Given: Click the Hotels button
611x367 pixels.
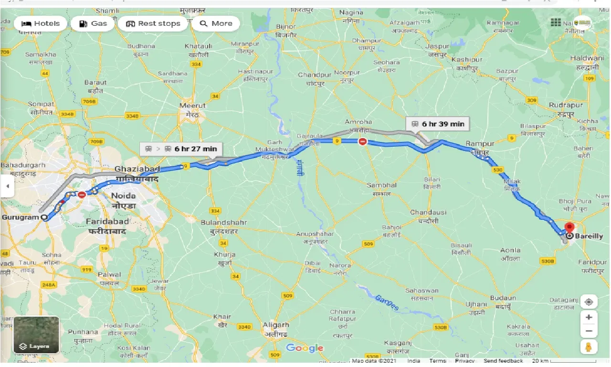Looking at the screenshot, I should [x=41, y=23].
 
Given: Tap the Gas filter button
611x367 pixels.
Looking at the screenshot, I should [x=93, y=23].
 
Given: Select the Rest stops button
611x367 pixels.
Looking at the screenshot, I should [x=153, y=23].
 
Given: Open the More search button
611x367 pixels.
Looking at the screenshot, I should [x=216, y=23].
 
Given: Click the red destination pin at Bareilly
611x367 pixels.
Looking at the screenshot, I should [x=569, y=228].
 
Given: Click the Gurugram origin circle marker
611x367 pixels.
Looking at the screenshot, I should [x=44, y=217].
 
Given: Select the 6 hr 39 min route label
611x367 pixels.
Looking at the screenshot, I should [x=438, y=124].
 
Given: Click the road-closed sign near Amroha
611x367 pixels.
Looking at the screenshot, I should [x=363, y=141].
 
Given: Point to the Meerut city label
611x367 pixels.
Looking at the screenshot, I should [x=192, y=106].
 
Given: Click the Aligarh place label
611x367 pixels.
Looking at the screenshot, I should [x=276, y=325].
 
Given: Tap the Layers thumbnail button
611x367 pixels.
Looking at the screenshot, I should [x=36, y=335].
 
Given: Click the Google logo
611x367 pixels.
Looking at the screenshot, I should [x=305, y=348].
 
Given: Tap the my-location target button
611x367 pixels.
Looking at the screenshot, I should [x=589, y=302].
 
